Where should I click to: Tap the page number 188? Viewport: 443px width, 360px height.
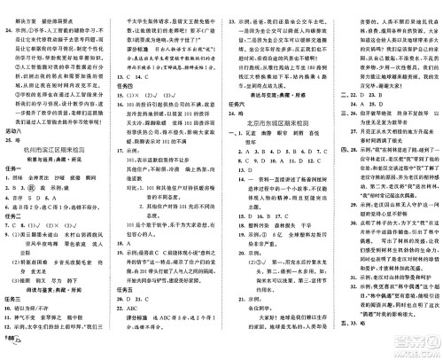click(x=11, y=347)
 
